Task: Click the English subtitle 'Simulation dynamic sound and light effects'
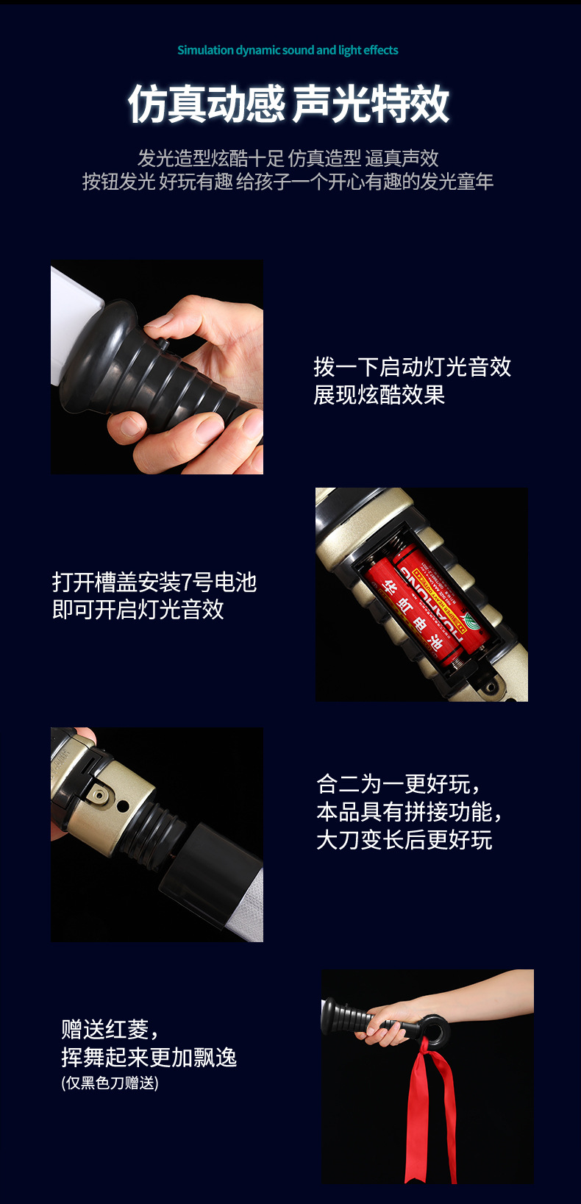tap(288, 50)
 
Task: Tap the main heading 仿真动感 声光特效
tap(288, 104)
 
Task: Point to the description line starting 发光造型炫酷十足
tap(288, 158)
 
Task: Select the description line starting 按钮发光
tap(288, 182)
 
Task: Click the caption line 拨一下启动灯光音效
tap(412, 366)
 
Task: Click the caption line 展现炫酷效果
tap(379, 395)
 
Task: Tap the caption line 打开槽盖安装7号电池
tap(154, 582)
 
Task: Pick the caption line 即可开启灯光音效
tap(138, 610)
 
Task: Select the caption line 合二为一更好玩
tap(399, 784)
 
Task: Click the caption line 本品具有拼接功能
tap(410, 812)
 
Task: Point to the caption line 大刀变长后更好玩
tap(404, 840)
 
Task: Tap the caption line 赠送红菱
tap(110, 1029)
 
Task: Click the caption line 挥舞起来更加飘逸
tap(149, 1057)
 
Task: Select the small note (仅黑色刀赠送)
tap(110, 1083)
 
